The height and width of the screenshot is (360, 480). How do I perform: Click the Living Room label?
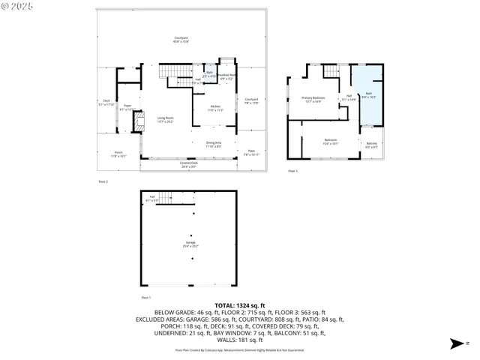pyautogui.click(x=165, y=119)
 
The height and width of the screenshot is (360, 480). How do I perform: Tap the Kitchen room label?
pyautogui.click(x=215, y=108)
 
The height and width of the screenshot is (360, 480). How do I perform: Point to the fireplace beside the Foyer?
pyautogui.click(x=136, y=122)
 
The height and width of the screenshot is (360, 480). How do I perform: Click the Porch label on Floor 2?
pyautogui.click(x=118, y=154)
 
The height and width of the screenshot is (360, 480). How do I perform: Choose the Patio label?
pyautogui.click(x=251, y=153)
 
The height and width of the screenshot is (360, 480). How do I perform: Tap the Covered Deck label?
pyautogui.click(x=189, y=165)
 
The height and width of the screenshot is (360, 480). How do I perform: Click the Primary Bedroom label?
pyautogui.click(x=313, y=100)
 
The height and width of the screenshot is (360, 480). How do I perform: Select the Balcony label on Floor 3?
pyautogui.click(x=372, y=145)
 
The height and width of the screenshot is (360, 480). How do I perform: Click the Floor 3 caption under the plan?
pyautogui.click(x=293, y=171)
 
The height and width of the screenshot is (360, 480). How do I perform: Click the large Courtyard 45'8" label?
pyautogui.click(x=181, y=40)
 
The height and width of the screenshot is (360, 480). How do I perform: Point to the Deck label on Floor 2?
pyautogui.click(x=106, y=103)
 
